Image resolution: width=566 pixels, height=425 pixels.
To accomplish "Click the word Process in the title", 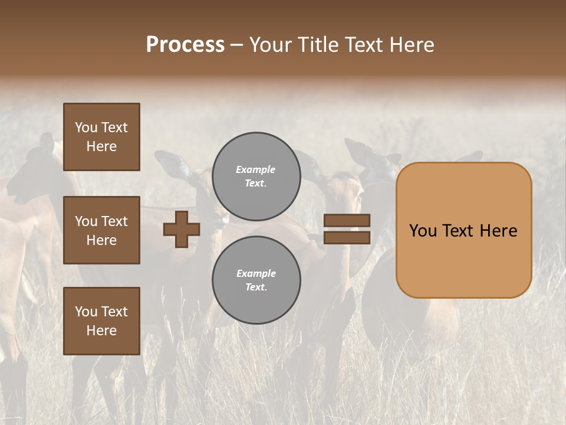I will tap(185, 45).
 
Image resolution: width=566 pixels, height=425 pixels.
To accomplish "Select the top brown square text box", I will tap(101, 137).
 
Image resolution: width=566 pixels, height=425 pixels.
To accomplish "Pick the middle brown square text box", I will tap(101, 230).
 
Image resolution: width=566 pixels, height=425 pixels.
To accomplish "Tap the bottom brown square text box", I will tap(101, 321).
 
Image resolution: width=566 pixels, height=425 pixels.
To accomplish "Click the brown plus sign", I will tap(182, 229).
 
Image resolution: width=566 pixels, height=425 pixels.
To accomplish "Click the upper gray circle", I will tap(256, 176).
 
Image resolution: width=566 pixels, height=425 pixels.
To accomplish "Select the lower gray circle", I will tap(256, 280).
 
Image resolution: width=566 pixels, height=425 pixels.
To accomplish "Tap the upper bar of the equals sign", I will tap(347, 220).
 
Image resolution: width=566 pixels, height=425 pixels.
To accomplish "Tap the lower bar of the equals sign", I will tap(347, 237).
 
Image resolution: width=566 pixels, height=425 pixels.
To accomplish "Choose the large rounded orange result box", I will tap(463, 230).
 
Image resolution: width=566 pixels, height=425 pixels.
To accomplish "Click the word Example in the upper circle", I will tap(255, 169).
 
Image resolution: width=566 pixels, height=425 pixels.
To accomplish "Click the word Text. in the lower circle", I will tap(256, 287).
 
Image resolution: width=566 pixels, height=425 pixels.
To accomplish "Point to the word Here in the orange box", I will tap(498, 231).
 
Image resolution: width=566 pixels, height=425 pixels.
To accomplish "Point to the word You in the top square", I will tap(85, 127).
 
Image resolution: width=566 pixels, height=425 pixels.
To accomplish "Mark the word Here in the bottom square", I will tap(101, 331).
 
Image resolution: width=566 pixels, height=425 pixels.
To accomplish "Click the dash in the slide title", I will tap(236, 45).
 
